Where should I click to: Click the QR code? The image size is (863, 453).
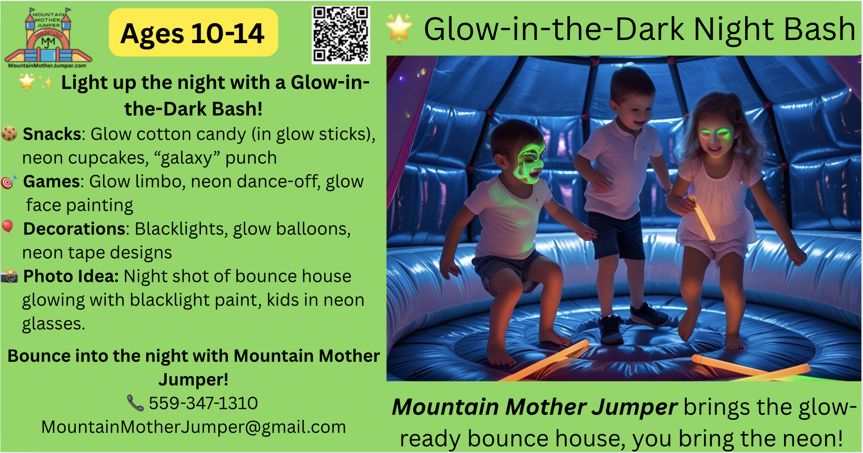[341, 35]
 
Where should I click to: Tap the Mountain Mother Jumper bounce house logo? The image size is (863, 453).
[48, 38]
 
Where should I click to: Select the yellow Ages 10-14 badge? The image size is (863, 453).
[194, 33]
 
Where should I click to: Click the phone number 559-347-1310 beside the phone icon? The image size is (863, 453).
[203, 403]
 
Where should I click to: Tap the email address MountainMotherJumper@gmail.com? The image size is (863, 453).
[194, 427]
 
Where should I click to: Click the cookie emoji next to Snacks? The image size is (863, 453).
[9, 133]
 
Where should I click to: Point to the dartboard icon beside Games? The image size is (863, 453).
[9, 182]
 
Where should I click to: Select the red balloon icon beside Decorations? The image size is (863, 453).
[8, 228]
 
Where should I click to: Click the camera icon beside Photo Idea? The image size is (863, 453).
[9, 276]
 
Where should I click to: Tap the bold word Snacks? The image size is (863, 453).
[52, 134]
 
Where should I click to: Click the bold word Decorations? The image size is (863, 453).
[74, 229]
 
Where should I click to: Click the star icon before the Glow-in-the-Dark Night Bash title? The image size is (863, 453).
[399, 28]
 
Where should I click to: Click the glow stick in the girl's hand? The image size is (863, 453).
[702, 218]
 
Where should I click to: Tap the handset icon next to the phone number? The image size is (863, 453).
[135, 403]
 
